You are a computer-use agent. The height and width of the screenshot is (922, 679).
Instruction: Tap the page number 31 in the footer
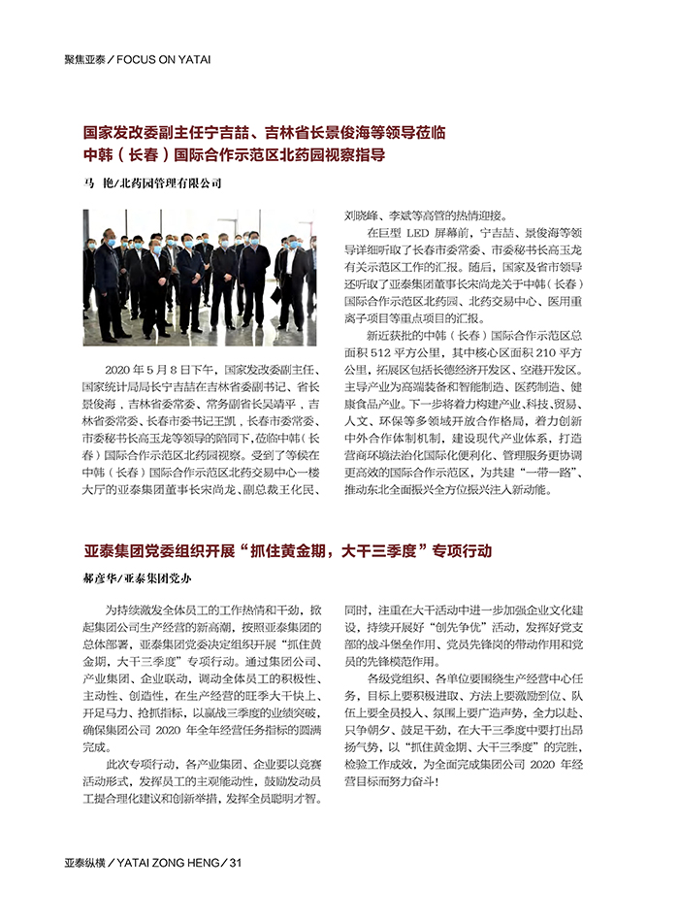coord(233,863)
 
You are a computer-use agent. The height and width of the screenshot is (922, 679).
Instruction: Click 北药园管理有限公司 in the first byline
coord(171,182)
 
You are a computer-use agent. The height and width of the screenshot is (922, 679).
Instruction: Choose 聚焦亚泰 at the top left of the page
coord(84,59)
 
